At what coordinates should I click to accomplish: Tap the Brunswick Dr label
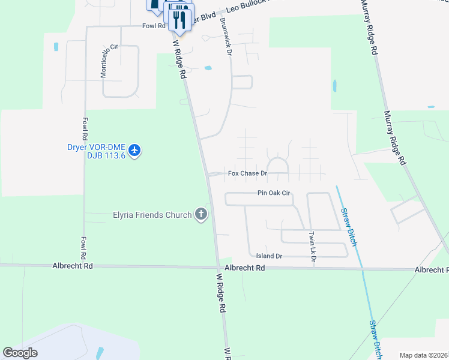click(x=226, y=36)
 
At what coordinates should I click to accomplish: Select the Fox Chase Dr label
click(x=247, y=174)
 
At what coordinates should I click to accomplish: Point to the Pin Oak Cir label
click(x=274, y=194)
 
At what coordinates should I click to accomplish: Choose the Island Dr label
click(x=269, y=256)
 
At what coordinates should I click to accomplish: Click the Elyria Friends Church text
click(x=152, y=215)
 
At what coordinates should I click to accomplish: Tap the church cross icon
click(x=201, y=214)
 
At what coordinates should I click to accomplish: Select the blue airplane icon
click(x=135, y=149)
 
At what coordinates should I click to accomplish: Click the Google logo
click(x=20, y=353)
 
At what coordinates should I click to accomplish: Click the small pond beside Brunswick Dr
click(x=208, y=68)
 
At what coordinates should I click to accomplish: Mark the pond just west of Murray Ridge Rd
click(x=334, y=86)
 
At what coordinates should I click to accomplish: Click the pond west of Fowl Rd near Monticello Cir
click(x=56, y=46)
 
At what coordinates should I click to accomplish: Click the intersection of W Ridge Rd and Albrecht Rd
click(x=218, y=268)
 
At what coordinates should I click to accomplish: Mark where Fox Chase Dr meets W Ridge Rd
click(x=208, y=175)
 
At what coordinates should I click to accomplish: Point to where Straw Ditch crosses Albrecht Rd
click(x=362, y=270)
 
